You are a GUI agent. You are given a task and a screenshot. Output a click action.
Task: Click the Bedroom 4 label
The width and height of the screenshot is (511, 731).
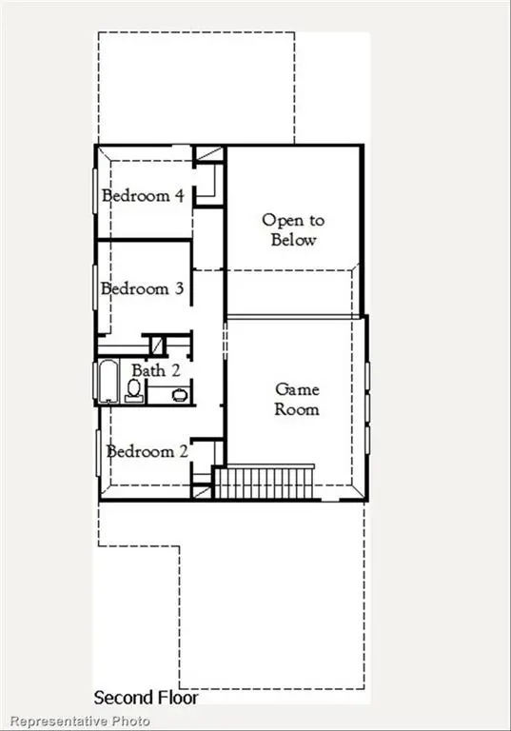point(143,197)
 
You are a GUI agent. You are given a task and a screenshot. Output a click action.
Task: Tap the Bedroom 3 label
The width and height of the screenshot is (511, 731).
point(143,288)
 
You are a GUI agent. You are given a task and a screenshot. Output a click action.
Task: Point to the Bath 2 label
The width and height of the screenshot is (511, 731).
point(155,370)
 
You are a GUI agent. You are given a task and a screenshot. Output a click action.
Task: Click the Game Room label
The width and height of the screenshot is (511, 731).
point(297,399)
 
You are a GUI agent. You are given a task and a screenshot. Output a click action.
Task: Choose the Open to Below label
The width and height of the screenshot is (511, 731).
point(292,229)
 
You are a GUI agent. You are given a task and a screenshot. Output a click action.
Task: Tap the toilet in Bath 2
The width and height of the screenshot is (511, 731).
point(134,390)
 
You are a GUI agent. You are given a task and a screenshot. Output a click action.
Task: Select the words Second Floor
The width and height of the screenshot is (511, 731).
point(146,698)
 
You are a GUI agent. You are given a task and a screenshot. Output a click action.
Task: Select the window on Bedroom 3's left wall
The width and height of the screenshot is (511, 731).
point(95,287)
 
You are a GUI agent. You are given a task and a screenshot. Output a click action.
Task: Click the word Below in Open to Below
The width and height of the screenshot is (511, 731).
point(293,240)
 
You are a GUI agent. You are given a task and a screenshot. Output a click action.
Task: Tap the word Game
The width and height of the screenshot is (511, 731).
point(297,389)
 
